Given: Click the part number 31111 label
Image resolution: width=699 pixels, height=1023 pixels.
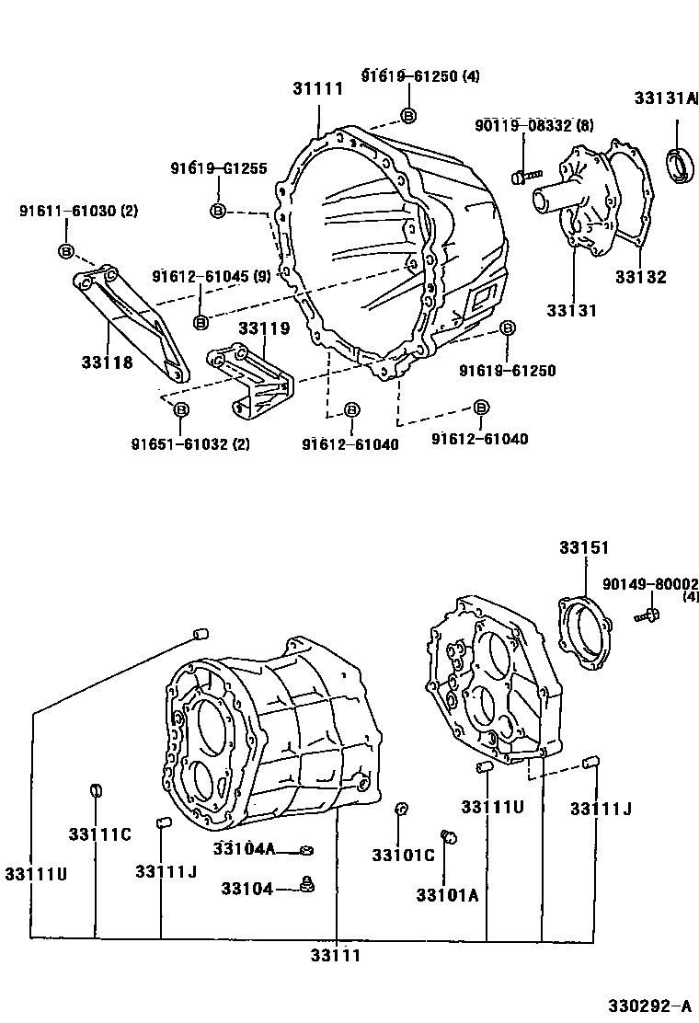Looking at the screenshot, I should pos(317,89).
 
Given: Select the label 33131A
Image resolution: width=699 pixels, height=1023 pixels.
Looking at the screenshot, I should pos(665,98).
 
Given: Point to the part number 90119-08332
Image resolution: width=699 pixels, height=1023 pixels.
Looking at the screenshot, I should pos(521,125).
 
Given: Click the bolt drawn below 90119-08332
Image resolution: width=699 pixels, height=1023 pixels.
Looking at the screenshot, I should pos(521,174).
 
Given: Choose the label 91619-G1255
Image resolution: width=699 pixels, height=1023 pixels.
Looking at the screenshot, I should pos(218,168).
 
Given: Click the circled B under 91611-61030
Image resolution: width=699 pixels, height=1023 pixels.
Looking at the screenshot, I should pos(66,251).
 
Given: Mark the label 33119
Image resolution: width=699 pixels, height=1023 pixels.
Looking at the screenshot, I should pos(264,328).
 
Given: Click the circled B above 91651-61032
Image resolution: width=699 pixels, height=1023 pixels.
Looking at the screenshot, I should pos(181,409).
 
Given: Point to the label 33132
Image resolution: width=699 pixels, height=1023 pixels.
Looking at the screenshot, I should pos(640,277).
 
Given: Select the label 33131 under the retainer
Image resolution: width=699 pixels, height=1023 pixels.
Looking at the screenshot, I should pos(571,311).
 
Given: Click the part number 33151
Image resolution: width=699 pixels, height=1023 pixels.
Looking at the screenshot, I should pos(583,547).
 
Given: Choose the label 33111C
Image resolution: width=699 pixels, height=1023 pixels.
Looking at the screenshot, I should pos(99,834).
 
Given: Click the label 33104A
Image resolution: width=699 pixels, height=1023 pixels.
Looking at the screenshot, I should pos(244,848).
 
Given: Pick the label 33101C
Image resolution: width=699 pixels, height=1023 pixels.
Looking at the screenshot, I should pos(403,856).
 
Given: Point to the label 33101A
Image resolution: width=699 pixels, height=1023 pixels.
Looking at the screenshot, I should pos(446,895).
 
